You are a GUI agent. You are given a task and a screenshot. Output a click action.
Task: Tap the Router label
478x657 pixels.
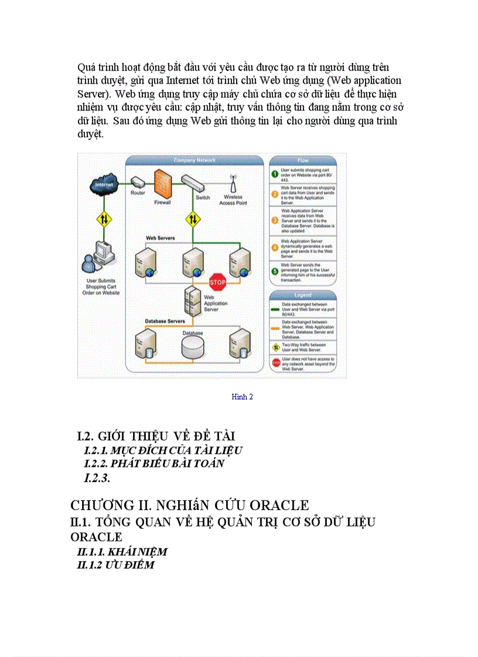point(138,192)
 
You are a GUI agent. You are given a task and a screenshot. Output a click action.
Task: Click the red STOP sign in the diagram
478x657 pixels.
point(217,282)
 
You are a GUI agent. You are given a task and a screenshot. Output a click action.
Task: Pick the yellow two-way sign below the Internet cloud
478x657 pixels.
point(103,221)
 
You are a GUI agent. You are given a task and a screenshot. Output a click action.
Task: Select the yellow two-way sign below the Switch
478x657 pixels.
point(193,220)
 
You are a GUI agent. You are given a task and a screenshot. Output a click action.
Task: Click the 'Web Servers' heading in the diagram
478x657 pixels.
point(159,239)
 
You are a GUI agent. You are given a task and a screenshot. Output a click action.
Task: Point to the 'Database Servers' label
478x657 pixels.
point(165,321)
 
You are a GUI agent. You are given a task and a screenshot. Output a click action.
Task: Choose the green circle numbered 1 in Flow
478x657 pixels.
point(274,174)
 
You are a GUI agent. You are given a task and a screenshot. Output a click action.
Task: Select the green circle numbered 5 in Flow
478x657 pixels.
point(274,271)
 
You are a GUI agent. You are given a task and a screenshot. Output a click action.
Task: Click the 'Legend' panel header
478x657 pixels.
point(303,295)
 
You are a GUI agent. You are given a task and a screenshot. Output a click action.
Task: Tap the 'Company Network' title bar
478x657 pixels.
point(194,160)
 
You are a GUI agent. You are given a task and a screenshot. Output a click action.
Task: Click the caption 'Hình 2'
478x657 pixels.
point(242,397)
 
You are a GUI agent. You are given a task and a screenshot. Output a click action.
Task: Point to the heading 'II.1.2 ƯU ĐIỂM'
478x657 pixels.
point(116,565)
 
